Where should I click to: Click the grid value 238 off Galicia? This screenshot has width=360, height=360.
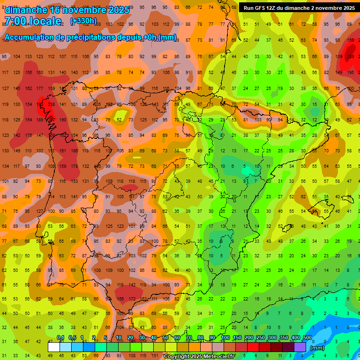[x=51, y=104]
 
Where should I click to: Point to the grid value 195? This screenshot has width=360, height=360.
[x=351, y=72]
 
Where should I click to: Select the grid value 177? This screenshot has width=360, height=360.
[x=39, y=88]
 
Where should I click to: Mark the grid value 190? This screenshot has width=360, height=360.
[x=62, y=120]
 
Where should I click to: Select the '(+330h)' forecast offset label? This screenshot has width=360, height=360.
[x=83, y=21]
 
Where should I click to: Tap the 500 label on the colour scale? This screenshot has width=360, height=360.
[x=307, y=338]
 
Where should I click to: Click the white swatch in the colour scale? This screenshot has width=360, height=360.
[x=54, y=347]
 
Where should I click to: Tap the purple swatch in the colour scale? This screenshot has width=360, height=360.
[x=300, y=347]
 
